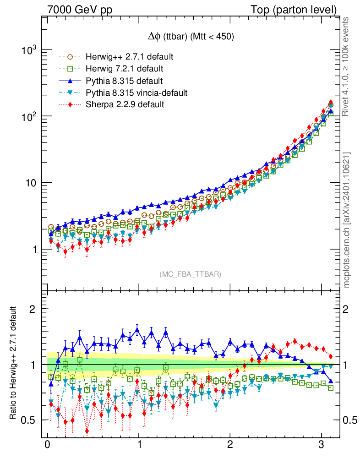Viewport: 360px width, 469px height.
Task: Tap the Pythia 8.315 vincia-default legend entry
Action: tap(136, 93)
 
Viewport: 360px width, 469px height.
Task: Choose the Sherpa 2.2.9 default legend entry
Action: tap(125, 104)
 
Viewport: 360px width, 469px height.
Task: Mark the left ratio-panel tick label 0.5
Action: tap(31, 420)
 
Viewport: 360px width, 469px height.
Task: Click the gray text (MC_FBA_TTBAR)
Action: tap(190, 274)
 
